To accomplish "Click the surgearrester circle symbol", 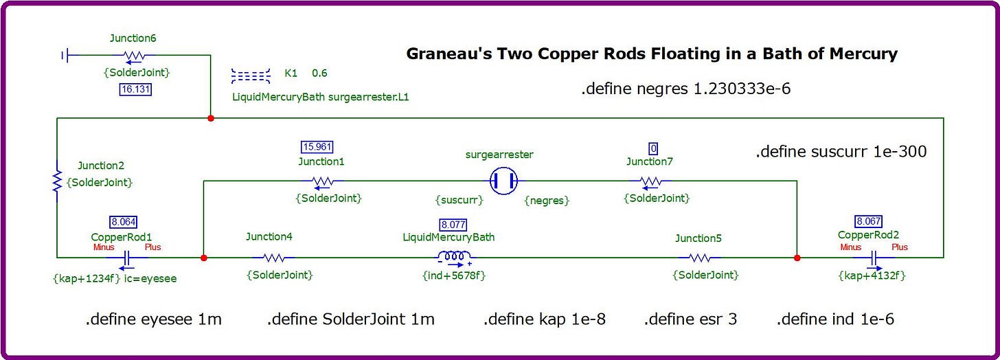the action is [504, 181].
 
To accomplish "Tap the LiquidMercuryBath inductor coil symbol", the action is [453, 257].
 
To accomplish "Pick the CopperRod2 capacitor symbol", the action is [874, 258].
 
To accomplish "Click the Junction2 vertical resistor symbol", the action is [57, 181].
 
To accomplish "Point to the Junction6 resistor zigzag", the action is [134, 56].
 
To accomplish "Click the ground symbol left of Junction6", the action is [65, 56].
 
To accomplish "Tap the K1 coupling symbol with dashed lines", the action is [251, 76].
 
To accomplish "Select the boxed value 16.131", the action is [136, 89].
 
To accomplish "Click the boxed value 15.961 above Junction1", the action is [317, 146].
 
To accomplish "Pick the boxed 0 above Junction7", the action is [653, 148].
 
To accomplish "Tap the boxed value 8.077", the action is [453, 225].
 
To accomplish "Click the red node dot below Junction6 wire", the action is [211, 118].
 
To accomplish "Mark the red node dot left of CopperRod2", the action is [797, 258].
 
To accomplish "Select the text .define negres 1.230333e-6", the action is [685, 89].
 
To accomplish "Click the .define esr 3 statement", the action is [690, 319].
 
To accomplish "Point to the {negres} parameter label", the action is [547, 201].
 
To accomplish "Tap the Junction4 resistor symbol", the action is [273, 258].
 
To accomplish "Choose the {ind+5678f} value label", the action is [454, 275].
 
